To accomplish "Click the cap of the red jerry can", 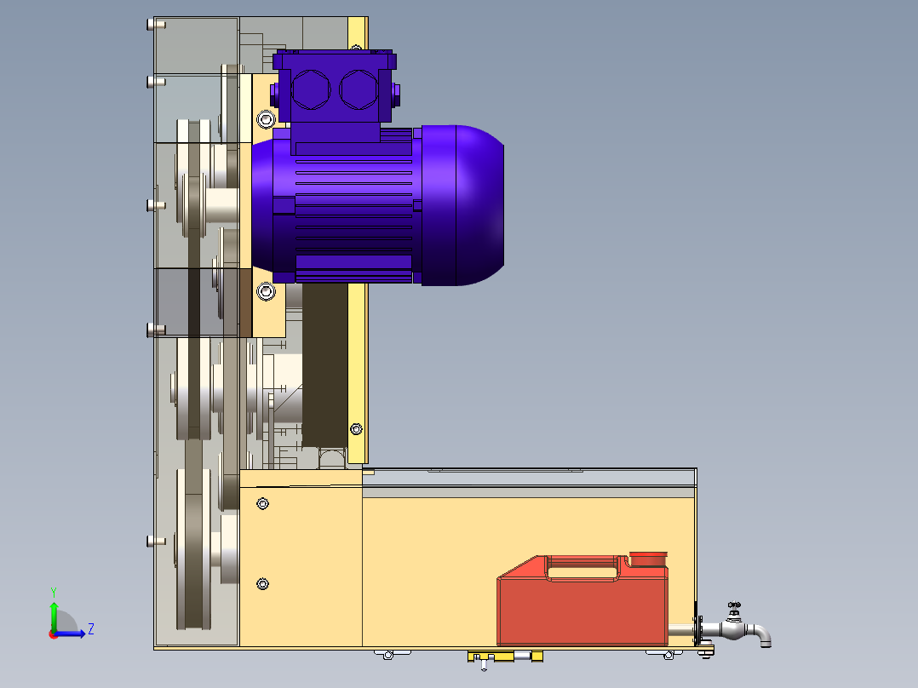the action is pyautogui.click(x=648, y=559).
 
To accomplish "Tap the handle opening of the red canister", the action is pyautogui.click(x=582, y=569).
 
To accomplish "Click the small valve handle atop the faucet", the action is pyautogui.click(x=734, y=605).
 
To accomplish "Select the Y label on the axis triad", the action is pyautogui.click(x=54, y=592).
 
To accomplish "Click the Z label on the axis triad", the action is pyautogui.click(x=91, y=629).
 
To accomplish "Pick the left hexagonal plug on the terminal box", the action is pyautogui.click(x=311, y=89).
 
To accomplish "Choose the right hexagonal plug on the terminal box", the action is pyautogui.click(x=359, y=89).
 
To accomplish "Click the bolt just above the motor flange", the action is pyautogui.click(x=266, y=119).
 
